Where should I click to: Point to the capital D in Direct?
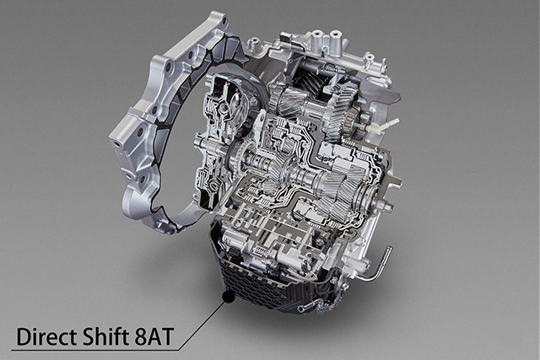tap(23, 337)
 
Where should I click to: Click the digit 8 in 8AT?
tap(140, 337)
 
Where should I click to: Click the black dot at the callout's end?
tap(229, 296)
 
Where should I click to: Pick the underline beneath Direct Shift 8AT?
tap(94, 351)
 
